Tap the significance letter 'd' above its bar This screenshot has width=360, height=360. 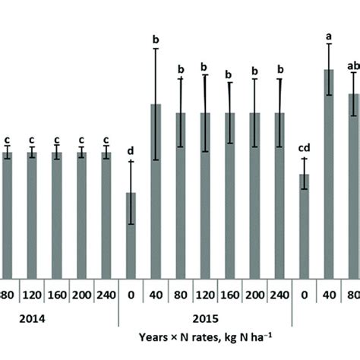pyautogui.click(x=131, y=152)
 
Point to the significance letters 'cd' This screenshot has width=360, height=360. pyautogui.click(x=304, y=148)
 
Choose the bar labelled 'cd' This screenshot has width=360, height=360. pyautogui.click(x=304, y=228)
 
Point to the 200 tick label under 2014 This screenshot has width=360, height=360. pyautogui.click(x=81, y=295)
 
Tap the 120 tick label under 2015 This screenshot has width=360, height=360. pyautogui.click(x=205, y=295)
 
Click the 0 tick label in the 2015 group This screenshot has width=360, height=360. pyautogui.click(x=131, y=295)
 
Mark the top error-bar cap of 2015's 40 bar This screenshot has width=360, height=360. pyautogui.click(x=155, y=49)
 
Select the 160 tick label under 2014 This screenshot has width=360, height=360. pyautogui.click(x=57, y=295)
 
